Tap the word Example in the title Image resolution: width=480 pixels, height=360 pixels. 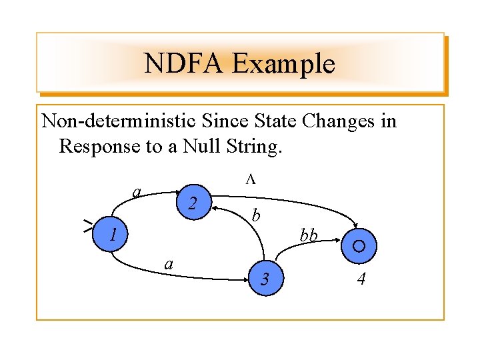(282, 64)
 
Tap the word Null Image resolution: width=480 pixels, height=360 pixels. (208, 145)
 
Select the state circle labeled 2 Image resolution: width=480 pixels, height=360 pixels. (191, 202)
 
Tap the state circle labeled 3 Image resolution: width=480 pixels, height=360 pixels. (265, 278)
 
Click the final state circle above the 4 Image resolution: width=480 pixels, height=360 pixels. (359, 246)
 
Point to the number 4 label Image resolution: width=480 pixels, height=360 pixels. (361, 279)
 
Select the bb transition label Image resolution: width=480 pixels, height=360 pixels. (308, 235)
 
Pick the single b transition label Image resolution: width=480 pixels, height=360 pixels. (255, 216)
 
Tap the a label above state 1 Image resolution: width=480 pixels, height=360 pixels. (136, 192)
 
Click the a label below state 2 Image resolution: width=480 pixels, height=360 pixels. (169, 265)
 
